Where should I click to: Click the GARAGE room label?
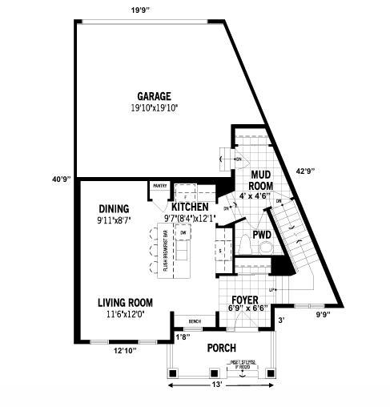[x=153, y=96]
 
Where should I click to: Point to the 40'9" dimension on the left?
[x=62, y=179]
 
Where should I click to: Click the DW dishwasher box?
[x=183, y=233]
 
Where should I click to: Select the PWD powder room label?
[x=261, y=235]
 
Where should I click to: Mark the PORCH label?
[x=220, y=349]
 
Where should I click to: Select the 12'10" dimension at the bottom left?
[x=125, y=350]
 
